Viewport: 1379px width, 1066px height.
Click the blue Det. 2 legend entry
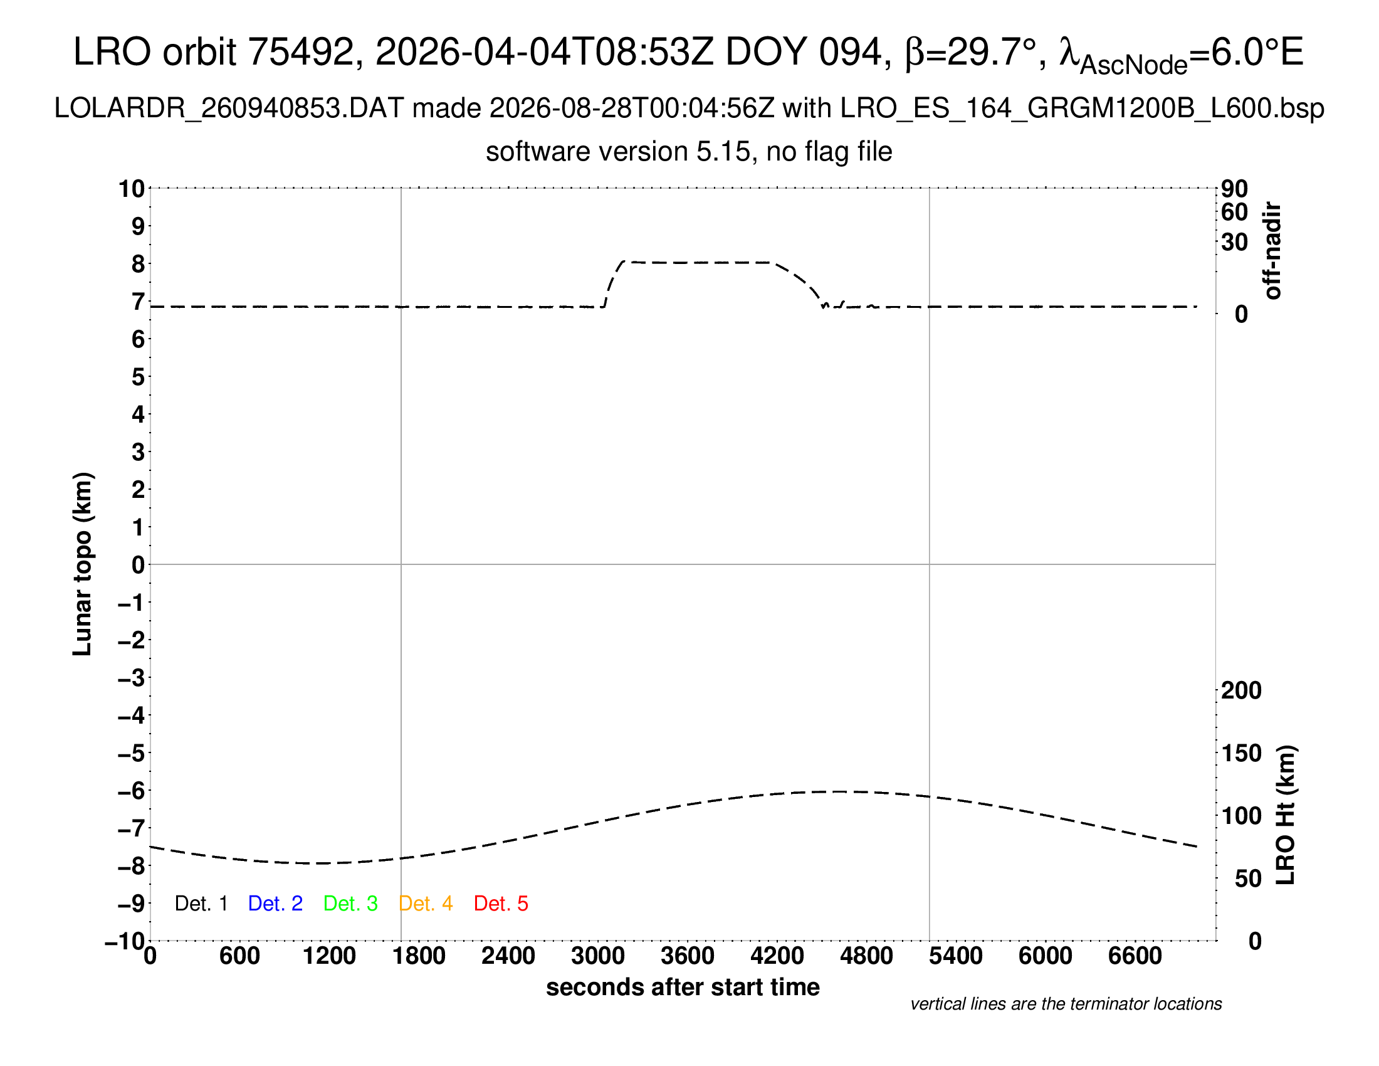click(x=275, y=904)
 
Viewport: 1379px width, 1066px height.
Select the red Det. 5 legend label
click(x=501, y=904)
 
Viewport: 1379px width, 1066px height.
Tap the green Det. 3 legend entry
click(x=350, y=904)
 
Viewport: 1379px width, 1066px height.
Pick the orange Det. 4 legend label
click(x=426, y=904)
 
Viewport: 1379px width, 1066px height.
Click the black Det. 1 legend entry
click(x=201, y=904)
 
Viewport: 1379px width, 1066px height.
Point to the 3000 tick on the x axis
click(x=598, y=956)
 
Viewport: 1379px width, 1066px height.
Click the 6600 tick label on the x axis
click(x=1135, y=956)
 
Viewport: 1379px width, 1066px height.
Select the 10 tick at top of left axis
click(x=132, y=188)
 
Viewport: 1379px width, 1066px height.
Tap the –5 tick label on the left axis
click(x=132, y=752)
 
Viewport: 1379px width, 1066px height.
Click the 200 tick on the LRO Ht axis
click(x=1241, y=690)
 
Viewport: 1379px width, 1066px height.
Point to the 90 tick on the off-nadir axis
click(x=1234, y=188)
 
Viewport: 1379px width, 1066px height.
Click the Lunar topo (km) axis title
click(x=83, y=564)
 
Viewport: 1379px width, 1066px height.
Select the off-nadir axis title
click(x=1272, y=251)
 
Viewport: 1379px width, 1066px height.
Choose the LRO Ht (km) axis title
click(x=1286, y=815)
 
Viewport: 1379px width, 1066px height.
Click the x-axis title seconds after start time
click(x=683, y=987)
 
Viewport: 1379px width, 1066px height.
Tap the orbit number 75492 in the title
click(x=300, y=52)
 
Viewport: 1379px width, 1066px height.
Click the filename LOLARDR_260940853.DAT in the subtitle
click(x=229, y=108)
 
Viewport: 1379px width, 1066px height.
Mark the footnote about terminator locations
click(x=1066, y=1004)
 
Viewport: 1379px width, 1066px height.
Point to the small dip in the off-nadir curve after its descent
click(x=825, y=305)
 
